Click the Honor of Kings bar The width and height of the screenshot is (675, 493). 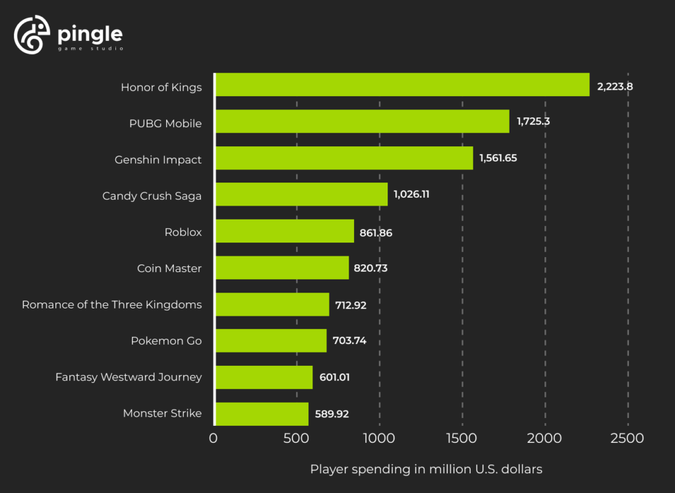402,85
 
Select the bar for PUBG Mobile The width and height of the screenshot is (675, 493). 363,121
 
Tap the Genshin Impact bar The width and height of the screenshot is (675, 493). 344,158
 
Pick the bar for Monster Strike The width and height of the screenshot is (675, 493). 262,414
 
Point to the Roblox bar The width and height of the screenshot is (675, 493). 285,231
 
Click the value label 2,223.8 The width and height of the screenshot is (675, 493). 620,86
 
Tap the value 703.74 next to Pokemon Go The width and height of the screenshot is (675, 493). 349,341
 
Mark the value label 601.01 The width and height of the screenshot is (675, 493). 336,377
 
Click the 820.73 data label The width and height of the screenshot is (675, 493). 372,268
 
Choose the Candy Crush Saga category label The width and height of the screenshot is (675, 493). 152,196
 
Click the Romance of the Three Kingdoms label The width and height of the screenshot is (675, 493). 111,304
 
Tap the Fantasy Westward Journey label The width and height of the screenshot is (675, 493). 129,377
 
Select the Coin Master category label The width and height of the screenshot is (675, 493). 169,268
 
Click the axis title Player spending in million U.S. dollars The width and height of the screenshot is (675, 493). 426,469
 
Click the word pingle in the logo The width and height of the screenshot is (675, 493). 90,33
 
